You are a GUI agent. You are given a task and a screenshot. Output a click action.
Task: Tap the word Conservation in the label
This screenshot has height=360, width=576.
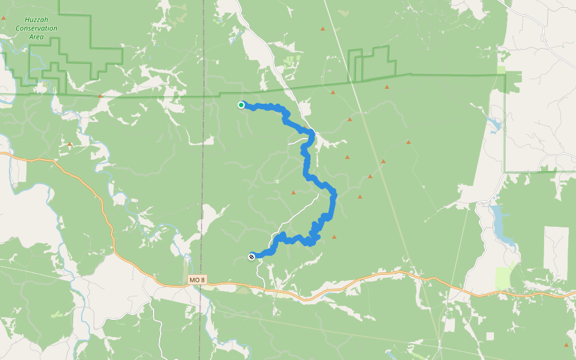tap(37, 28)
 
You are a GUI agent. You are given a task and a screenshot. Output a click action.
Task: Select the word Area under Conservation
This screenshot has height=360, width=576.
tap(37, 37)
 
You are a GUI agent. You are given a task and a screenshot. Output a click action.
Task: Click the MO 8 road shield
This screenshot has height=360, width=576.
tap(196, 280)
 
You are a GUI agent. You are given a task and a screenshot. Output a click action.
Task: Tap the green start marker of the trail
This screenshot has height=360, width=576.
tap(241, 105)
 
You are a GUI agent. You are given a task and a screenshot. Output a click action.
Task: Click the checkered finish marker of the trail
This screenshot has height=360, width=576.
tap(251, 257)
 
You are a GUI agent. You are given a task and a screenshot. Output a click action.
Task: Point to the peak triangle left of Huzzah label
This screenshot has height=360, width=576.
tap(4, 18)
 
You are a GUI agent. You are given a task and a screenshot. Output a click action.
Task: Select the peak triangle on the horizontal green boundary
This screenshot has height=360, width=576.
tap(101, 95)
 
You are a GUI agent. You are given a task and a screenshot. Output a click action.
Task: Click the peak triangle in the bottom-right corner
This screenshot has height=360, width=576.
tap(566, 345)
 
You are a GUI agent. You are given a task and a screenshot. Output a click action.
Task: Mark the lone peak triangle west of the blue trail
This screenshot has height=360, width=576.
tap(293, 193)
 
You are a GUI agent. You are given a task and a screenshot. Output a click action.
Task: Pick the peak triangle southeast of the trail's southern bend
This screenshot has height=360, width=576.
tap(334, 237)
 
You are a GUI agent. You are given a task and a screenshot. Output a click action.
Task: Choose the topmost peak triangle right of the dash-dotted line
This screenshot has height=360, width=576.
tap(323, 28)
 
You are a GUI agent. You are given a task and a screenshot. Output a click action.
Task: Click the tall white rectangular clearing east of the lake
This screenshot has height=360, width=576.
tap(556, 252)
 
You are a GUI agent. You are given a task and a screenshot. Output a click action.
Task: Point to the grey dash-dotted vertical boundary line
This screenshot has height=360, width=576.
tap(202, 180)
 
